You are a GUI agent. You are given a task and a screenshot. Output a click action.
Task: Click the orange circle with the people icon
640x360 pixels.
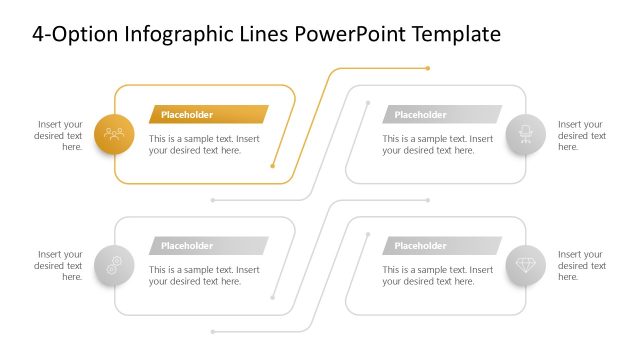114,134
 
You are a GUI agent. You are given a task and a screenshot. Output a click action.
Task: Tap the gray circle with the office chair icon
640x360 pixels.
526,134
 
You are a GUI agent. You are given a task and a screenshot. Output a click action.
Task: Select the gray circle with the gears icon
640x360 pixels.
114,265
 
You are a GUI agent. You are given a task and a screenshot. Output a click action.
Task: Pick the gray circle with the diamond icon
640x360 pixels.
526,265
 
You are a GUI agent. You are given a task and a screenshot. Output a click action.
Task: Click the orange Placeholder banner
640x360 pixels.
208,114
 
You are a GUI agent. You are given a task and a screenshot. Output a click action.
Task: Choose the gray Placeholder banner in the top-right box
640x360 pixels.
441,114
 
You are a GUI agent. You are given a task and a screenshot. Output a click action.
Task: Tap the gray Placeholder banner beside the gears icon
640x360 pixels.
208,246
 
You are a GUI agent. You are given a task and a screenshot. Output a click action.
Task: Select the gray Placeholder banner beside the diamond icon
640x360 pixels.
441,246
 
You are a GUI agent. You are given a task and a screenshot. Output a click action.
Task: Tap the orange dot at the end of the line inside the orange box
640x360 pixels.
273,166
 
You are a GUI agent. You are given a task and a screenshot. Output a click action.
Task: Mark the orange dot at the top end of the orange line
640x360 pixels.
428,68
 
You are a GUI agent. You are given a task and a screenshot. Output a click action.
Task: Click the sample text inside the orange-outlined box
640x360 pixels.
204,145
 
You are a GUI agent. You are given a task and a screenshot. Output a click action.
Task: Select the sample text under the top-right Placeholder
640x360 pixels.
437,145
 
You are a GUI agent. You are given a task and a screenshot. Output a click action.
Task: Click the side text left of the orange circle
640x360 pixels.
59,135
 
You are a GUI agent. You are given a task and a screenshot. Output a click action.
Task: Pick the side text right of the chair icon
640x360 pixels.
581,135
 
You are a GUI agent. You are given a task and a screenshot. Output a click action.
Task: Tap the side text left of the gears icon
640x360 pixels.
59,266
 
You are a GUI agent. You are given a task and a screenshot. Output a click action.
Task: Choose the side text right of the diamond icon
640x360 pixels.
581,266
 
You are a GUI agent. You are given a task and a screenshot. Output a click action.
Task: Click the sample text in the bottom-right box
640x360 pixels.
437,276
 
